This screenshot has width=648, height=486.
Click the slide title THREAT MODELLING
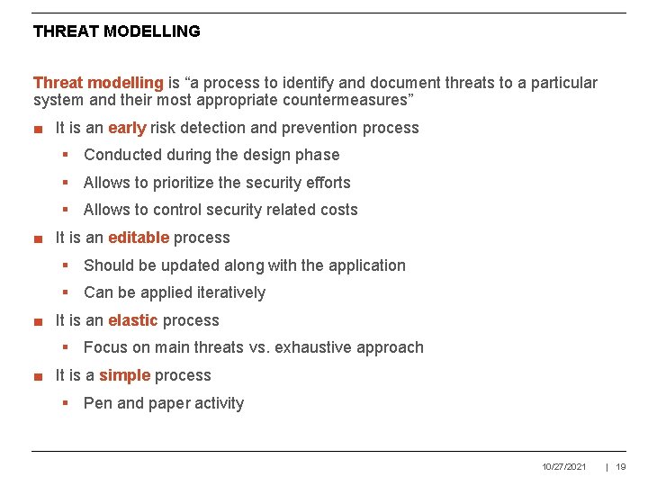coord(116,31)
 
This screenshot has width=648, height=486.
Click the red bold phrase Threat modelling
coord(98,83)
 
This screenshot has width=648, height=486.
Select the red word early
coord(127,128)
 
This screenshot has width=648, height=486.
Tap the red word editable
coord(139,238)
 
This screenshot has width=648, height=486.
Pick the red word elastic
coord(132,320)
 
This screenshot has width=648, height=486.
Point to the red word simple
coord(124,375)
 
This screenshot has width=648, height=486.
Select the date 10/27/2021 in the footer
coord(564,467)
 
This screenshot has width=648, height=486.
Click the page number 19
coord(621,467)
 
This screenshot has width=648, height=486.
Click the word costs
coord(337,210)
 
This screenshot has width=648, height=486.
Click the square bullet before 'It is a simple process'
coord(38,376)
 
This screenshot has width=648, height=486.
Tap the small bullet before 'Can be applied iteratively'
coord(66,292)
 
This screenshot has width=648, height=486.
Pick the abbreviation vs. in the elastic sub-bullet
coord(261,347)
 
